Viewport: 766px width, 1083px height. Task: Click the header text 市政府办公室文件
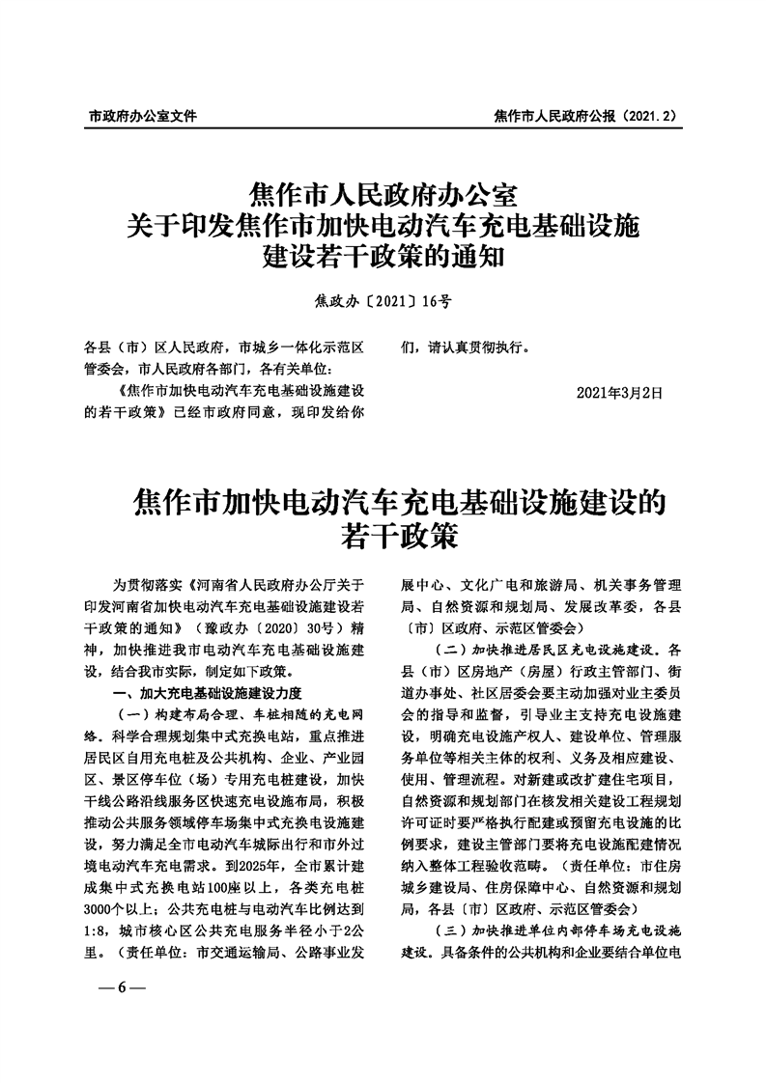click(x=142, y=115)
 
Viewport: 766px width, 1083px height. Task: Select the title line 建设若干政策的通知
click(x=383, y=258)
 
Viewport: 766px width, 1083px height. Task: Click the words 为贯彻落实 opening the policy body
click(x=146, y=586)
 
